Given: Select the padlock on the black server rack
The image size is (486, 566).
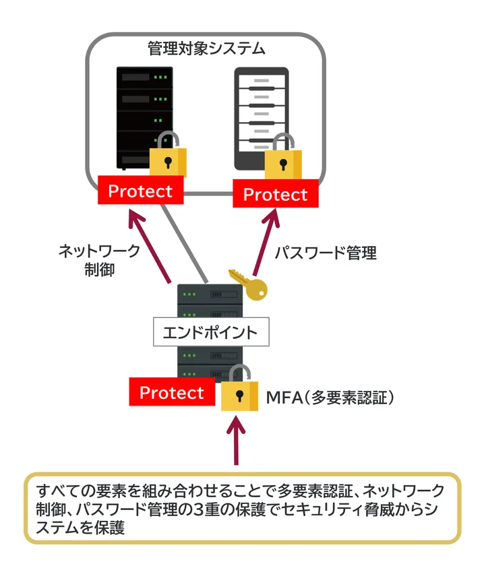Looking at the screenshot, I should click(168, 158).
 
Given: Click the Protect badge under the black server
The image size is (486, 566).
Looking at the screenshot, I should click(140, 191).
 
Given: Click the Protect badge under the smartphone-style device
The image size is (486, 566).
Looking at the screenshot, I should click(275, 195).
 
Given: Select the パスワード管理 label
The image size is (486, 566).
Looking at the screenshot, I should click(326, 253).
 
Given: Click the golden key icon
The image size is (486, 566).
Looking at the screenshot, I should click(249, 284).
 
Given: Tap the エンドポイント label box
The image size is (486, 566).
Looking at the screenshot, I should click(211, 332).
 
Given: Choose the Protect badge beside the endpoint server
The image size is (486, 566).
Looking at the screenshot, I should click(171, 392).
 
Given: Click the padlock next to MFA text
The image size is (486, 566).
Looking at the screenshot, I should click(239, 391).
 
